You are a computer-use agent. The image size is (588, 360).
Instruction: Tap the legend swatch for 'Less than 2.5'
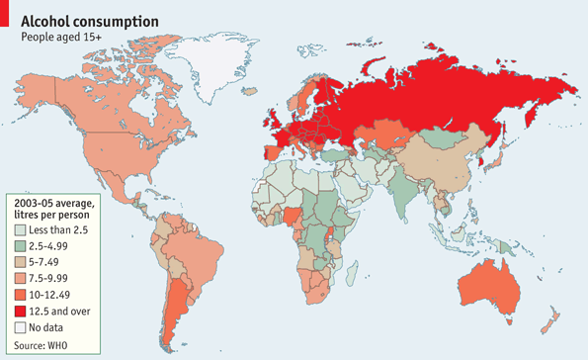tap(21, 229)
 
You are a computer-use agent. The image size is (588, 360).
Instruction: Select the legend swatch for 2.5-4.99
tap(21, 246)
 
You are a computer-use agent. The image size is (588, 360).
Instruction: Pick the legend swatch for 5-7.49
tap(21, 262)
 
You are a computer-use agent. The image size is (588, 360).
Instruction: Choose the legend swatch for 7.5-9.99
tap(21, 278)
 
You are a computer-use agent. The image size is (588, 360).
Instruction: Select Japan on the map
tap(496, 158)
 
